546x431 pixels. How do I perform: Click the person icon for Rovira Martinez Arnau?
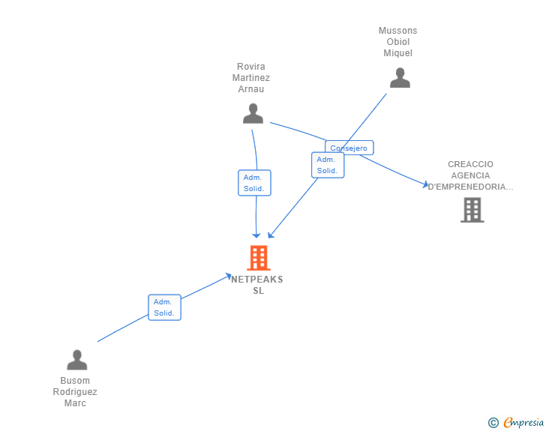pos(253,113)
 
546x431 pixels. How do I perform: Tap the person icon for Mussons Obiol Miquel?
pos(400,78)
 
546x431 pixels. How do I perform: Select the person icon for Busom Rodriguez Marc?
pos(77,361)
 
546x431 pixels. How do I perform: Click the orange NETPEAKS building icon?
pos(258,258)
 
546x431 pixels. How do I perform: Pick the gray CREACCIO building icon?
pos(472,211)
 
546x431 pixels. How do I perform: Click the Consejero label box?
pos(349,148)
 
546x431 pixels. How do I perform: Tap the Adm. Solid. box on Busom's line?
pos(164,307)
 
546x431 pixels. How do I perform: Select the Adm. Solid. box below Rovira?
pos(254,183)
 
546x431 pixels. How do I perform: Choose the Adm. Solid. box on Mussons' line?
pos(327,165)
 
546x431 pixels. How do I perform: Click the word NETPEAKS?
pos(257,280)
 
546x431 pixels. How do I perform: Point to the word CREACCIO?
pos(470,164)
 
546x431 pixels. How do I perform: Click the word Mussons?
pos(397,31)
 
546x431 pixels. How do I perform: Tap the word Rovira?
pos(251,67)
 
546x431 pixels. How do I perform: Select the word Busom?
pos(75,381)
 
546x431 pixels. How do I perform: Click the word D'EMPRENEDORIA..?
pos(470,187)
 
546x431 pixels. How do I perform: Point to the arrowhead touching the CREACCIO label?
pos(425,184)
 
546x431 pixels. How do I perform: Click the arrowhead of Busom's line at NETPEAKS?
pos(228,277)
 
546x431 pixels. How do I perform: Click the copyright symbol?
pos(493,424)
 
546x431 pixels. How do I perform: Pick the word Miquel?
pos(397,53)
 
